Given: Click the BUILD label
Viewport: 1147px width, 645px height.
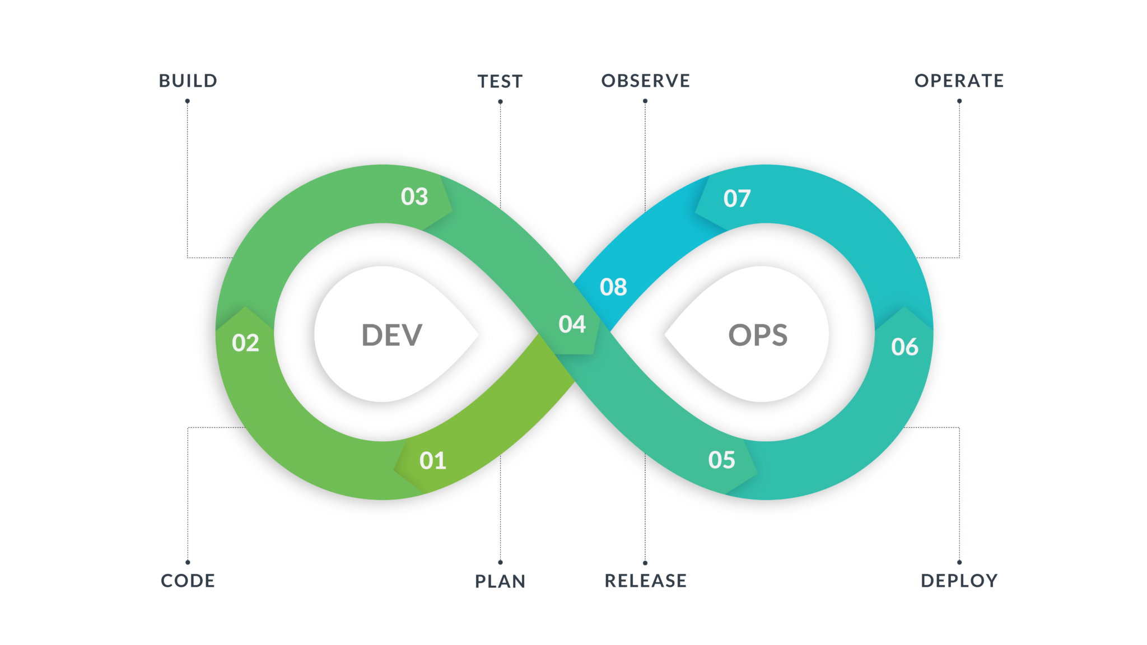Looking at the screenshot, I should click(188, 81).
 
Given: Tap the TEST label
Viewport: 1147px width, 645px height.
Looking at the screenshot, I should click(500, 82).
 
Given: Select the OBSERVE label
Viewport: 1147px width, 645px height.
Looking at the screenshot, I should click(645, 81).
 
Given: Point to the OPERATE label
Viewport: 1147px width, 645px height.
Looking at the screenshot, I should click(959, 81).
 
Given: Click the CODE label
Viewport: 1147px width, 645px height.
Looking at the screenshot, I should click(188, 581).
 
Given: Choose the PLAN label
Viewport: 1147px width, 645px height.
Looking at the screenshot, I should click(500, 581).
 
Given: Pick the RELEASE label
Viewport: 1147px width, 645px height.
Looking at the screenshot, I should click(645, 581).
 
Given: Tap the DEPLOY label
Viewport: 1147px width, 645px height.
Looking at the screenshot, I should click(959, 581).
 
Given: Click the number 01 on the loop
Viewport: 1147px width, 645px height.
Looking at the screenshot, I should click(433, 461).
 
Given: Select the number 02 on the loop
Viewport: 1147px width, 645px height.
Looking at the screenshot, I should click(245, 343).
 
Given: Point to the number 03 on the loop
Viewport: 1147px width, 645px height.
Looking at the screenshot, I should click(414, 197).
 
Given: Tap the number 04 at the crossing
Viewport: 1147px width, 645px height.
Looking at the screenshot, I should click(572, 324).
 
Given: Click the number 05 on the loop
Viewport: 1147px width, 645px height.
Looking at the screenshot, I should click(721, 460).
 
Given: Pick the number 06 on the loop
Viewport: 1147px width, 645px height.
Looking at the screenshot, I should click(904, 347).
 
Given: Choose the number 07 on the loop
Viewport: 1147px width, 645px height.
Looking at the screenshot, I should click(736, 199).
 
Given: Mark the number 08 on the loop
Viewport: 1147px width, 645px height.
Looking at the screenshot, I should click(613, 287).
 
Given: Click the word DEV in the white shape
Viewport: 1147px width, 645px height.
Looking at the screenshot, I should click(391, 335).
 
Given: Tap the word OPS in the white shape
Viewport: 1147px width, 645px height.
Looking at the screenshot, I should click(758, 335).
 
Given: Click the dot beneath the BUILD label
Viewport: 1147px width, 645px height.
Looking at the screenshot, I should click(188, 101).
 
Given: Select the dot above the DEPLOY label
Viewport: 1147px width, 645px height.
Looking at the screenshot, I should click(959, 562).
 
